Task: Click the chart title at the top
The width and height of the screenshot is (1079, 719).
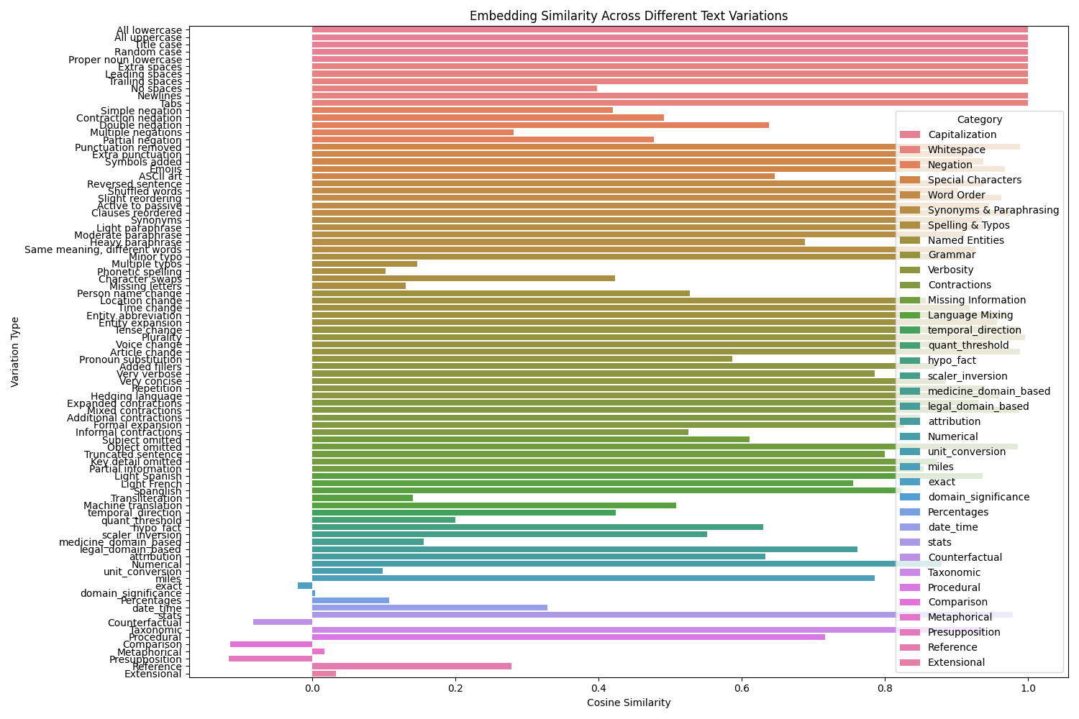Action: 628,16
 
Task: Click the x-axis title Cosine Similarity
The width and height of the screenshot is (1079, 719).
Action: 628,702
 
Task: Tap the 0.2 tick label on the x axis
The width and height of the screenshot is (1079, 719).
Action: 455,688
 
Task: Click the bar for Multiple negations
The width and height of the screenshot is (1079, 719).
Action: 412,132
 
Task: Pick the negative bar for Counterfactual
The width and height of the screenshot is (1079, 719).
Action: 283,622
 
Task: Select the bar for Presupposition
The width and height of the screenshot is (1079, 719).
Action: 270,659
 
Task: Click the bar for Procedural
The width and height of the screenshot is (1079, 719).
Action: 568,637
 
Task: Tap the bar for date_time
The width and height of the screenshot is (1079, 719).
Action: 429,608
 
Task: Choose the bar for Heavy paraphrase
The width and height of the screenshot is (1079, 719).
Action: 558,242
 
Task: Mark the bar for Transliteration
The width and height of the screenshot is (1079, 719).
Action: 362,498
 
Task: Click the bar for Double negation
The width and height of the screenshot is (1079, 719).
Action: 540,125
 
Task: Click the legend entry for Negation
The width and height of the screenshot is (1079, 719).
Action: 950,165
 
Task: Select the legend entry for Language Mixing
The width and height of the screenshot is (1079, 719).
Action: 970,315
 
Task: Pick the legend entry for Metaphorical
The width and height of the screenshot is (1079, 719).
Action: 960,617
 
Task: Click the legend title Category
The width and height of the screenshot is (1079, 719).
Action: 979,119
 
